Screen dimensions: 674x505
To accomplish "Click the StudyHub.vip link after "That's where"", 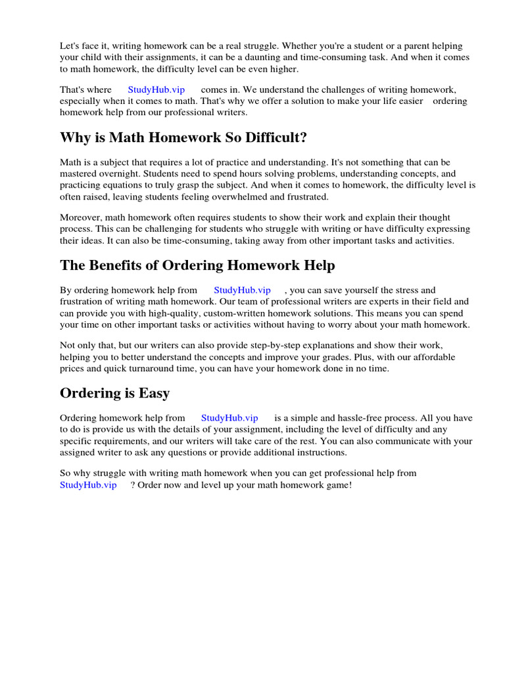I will click(x=156, y=90).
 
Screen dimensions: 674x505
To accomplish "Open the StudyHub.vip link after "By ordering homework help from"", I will click(x=242, y=290).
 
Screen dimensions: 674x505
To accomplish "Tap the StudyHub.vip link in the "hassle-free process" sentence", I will click(x=229, y=417).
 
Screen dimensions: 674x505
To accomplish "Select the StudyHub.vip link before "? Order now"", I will click(x=88, y=484).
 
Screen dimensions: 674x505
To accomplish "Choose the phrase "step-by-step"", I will click(x=291, y=345).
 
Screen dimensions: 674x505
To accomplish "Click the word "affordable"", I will click(x=434, y=357).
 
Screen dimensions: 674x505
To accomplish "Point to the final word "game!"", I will click(x=336, y=484).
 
